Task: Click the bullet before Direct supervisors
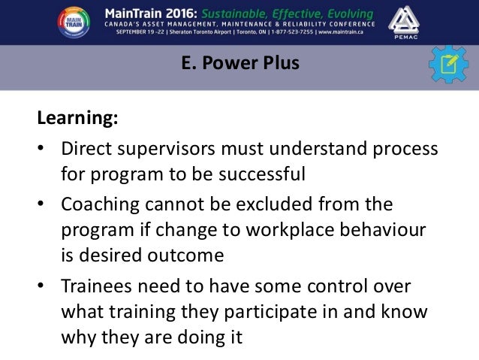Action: click(43, 149)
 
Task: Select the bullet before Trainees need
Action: click(43, 285)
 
